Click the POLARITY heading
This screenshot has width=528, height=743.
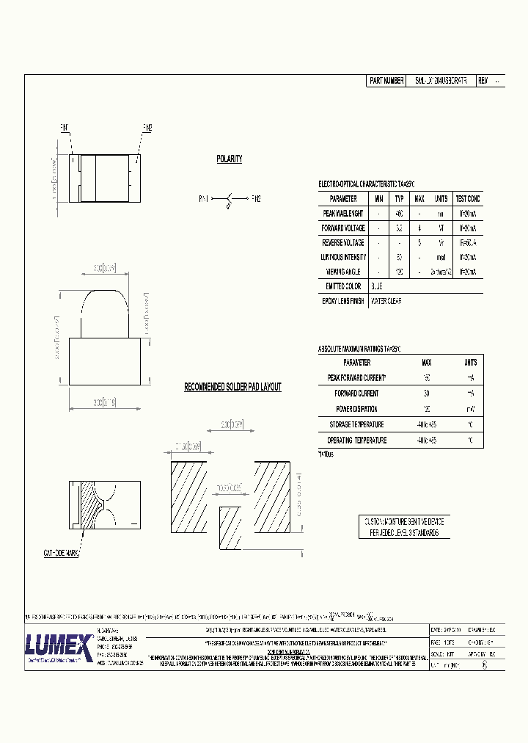pos(229,159)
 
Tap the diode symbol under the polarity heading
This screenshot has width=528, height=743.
pos(230,199)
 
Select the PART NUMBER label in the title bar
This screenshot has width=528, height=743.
pos(386,81)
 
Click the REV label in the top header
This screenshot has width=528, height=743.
pos(483,81)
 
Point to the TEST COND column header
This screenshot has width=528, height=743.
pos(467,198)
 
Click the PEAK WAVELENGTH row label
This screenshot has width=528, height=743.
pos(343,214)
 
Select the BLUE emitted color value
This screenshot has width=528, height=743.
pos(377,286)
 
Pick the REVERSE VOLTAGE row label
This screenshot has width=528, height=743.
pos(343,243)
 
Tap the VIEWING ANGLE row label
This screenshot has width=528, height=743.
pos(343,272)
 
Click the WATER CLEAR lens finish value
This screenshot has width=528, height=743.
pos(386,302)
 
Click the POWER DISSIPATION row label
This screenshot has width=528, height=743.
pos(356,409)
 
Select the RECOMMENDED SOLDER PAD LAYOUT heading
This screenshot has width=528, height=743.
pos(232,387)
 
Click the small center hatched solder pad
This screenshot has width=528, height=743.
pos(230,527)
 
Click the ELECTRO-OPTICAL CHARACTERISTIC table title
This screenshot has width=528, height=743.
pos(371,184)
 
